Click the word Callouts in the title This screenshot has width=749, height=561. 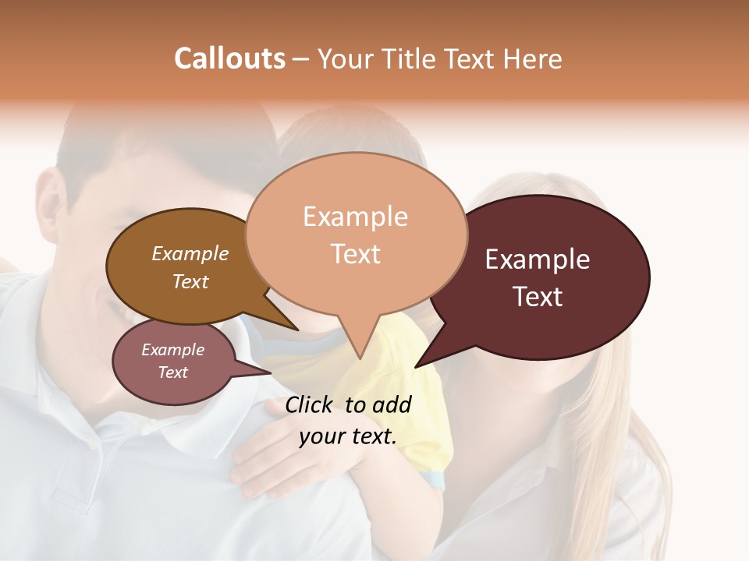point(229,58)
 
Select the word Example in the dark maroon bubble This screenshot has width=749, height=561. point(538,259)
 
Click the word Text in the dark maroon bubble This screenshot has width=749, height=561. point(538,296)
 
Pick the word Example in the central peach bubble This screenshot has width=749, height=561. point(355,216)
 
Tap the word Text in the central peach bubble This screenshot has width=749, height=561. point(356,253)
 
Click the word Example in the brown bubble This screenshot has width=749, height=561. point(190,253)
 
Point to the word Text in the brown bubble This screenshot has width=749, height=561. point(190,281)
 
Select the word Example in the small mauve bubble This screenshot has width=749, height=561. point(172,350)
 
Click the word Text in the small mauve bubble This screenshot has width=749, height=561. point(172,372)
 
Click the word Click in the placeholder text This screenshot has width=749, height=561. point(311,404)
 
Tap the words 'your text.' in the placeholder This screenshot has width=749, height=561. point(348,436)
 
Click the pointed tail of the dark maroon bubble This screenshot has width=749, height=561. point(421,362)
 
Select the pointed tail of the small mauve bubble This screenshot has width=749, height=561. point(265,372)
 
